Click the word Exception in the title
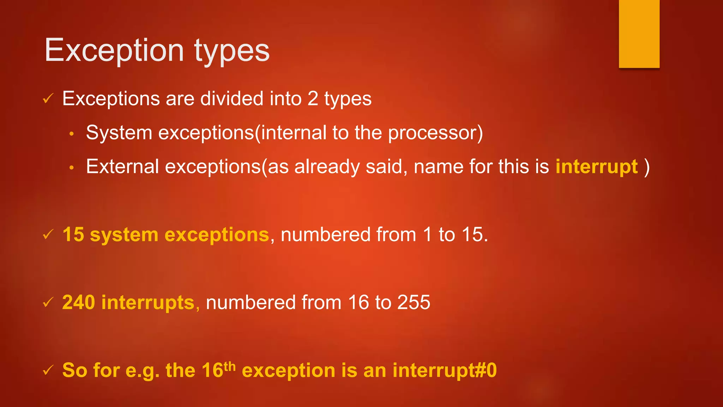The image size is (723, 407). tap(114, 51)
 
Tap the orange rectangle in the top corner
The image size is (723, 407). tap(639, 34)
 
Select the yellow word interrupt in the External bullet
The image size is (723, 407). tap(597, 167)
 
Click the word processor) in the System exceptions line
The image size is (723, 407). tap(435, 133)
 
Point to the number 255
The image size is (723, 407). tap(414, 302)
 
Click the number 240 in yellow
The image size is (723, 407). tap(78, 302)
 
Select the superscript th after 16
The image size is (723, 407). tap(229, 366)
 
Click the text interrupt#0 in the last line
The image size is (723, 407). tap(444, 371)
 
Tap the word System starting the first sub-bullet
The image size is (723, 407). tap(119, 133)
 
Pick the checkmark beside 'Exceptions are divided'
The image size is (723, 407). tap(48, 99)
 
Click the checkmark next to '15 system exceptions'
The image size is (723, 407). tap(48, 234)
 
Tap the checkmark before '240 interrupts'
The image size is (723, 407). tap(48, 302)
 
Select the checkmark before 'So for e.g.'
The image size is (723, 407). tap(48, 370)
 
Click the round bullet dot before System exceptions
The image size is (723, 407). tap(72, 134)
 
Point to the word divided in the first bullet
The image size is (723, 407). tap(232, 99)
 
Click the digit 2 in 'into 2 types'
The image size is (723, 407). tap(313, 99)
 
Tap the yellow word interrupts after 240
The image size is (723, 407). tap(148, 302)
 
